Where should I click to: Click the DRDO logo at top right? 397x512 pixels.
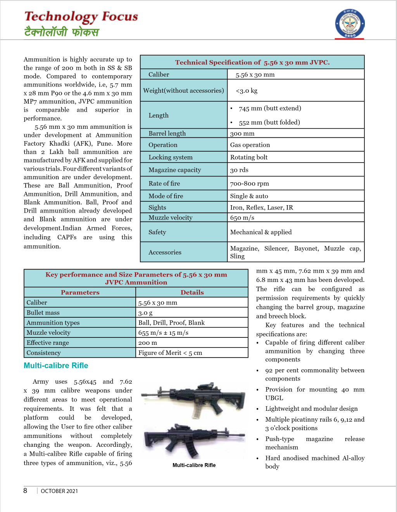tap(350, 24)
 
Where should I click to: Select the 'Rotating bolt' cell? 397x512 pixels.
tap(249, 157)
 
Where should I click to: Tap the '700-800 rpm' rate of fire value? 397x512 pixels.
tap(249, 183)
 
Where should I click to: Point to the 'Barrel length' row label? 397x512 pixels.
tap(167, 133)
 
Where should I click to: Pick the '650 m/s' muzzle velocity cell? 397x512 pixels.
tap(242, 218)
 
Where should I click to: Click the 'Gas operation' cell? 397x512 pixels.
tap(250, 145)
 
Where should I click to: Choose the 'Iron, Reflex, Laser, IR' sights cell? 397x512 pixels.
tap(262, 208)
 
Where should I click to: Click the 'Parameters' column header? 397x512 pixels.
tap(80, 292)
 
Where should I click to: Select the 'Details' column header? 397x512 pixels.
tap(192, 292)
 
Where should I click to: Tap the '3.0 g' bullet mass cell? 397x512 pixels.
tap(145, 313)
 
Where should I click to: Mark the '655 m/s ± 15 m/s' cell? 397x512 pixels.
tap(163, 333)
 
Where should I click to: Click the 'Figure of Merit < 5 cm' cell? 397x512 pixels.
tap(170, 353)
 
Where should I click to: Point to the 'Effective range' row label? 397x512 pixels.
tap(48, 343)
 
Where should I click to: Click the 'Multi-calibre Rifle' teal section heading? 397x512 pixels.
tap(56, 365)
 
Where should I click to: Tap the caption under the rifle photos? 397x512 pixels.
tap(194, 465)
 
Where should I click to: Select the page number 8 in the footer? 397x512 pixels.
tap(25, 491)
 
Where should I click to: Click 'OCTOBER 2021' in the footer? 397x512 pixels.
tap(59, 491)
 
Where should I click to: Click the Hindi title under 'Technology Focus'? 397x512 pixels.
tap(62, 32)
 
